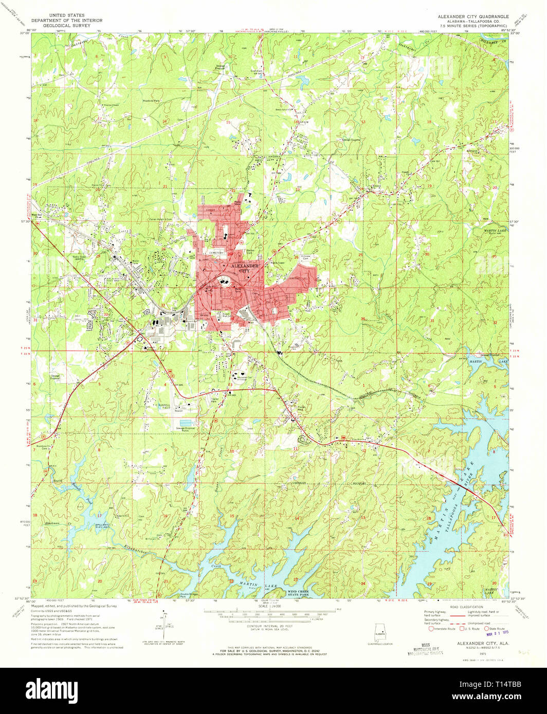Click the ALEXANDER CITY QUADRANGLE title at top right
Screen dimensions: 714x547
[x=472, y=16]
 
